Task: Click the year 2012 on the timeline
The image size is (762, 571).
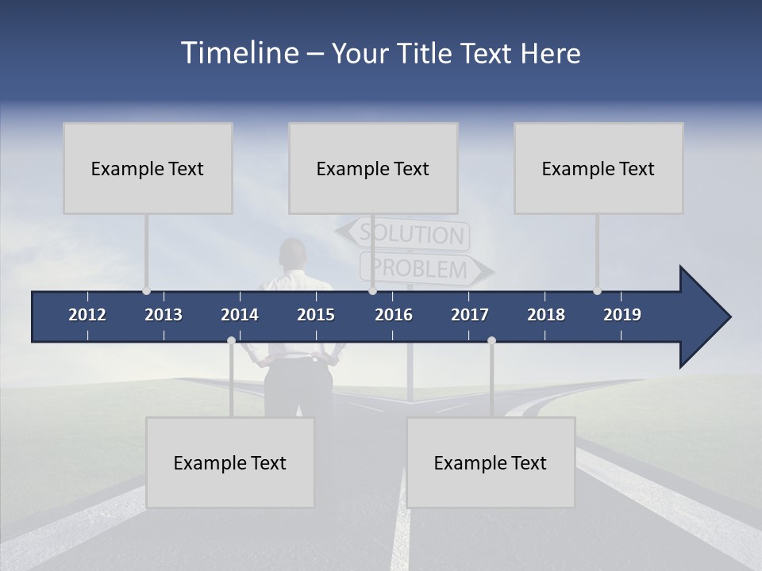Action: click(87, 315)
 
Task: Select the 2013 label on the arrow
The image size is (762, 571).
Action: click(164, 315)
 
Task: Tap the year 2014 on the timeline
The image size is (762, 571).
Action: click(240, 315)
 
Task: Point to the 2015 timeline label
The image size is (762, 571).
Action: click(316, 315)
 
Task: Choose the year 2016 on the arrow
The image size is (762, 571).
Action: click(394, 315)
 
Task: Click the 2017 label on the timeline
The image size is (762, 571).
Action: click(470, 315)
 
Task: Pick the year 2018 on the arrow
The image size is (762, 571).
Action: click(546, 315)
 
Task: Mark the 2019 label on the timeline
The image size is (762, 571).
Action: click(622, 315)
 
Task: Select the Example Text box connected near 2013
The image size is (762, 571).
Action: click(148, 168)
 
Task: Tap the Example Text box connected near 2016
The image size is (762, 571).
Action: click(373, 168)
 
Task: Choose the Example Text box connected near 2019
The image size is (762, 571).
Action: click(598, 168)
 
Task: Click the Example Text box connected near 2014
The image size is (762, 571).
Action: click(230, 462)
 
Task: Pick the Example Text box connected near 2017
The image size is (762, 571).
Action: click(491, 462)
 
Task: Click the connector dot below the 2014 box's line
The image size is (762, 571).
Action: click(231, 340)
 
